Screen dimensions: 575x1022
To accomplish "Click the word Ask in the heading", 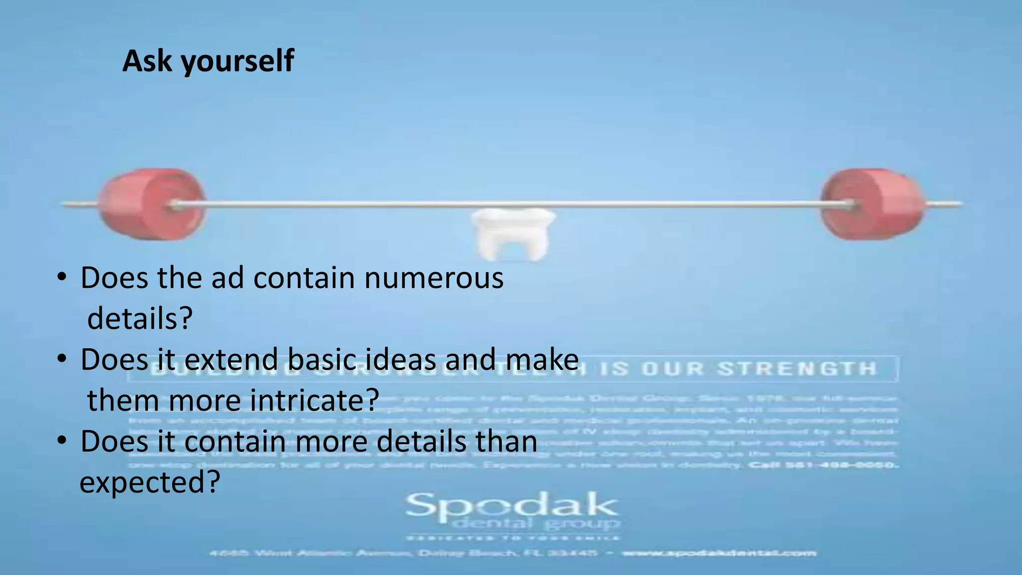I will (x=147, y=61).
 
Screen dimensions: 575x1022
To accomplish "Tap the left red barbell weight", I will (x=151, y=204).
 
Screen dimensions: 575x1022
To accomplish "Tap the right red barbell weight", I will (x=872, y=204).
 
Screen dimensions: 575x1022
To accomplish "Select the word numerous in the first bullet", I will (x=434, y=278).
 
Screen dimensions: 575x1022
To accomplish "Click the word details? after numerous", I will (x=140, y=318).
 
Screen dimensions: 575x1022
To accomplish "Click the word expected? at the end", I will (x=150, y=483).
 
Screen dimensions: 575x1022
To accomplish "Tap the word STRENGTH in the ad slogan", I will (x=797, y=369).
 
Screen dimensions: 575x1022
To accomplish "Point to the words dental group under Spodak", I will (x=536, y=524).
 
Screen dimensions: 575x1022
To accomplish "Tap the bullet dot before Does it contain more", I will (x=61, y=441).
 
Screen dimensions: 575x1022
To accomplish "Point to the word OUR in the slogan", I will (x=673, y=369).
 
